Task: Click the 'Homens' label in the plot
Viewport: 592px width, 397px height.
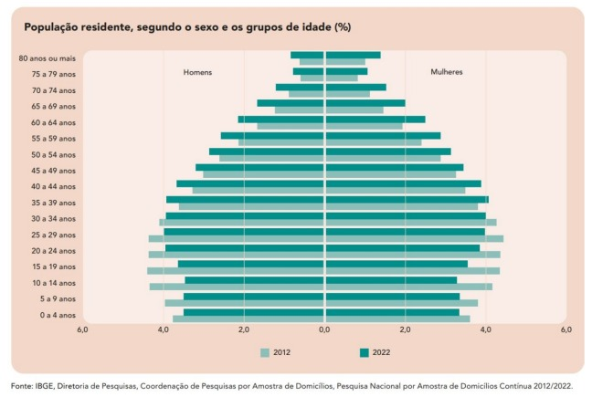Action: [x=197, y=72]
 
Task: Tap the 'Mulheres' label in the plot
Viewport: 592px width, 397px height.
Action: [x=446, y=72]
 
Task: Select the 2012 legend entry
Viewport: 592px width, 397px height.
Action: [x=275, y=351]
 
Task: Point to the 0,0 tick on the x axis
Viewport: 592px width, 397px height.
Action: [x=324, y=329]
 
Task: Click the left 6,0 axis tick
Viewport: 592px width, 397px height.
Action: [x=82, y=329]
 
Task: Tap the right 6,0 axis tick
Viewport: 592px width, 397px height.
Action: [x=566, y=329]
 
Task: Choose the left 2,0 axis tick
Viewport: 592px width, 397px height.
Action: [x=244, y=329]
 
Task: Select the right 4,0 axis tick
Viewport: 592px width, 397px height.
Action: [x=485, y=329]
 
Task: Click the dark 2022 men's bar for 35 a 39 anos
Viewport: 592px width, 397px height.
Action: [x=245, y=199]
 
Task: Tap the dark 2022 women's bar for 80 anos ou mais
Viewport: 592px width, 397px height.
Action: [x=353, y=55]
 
